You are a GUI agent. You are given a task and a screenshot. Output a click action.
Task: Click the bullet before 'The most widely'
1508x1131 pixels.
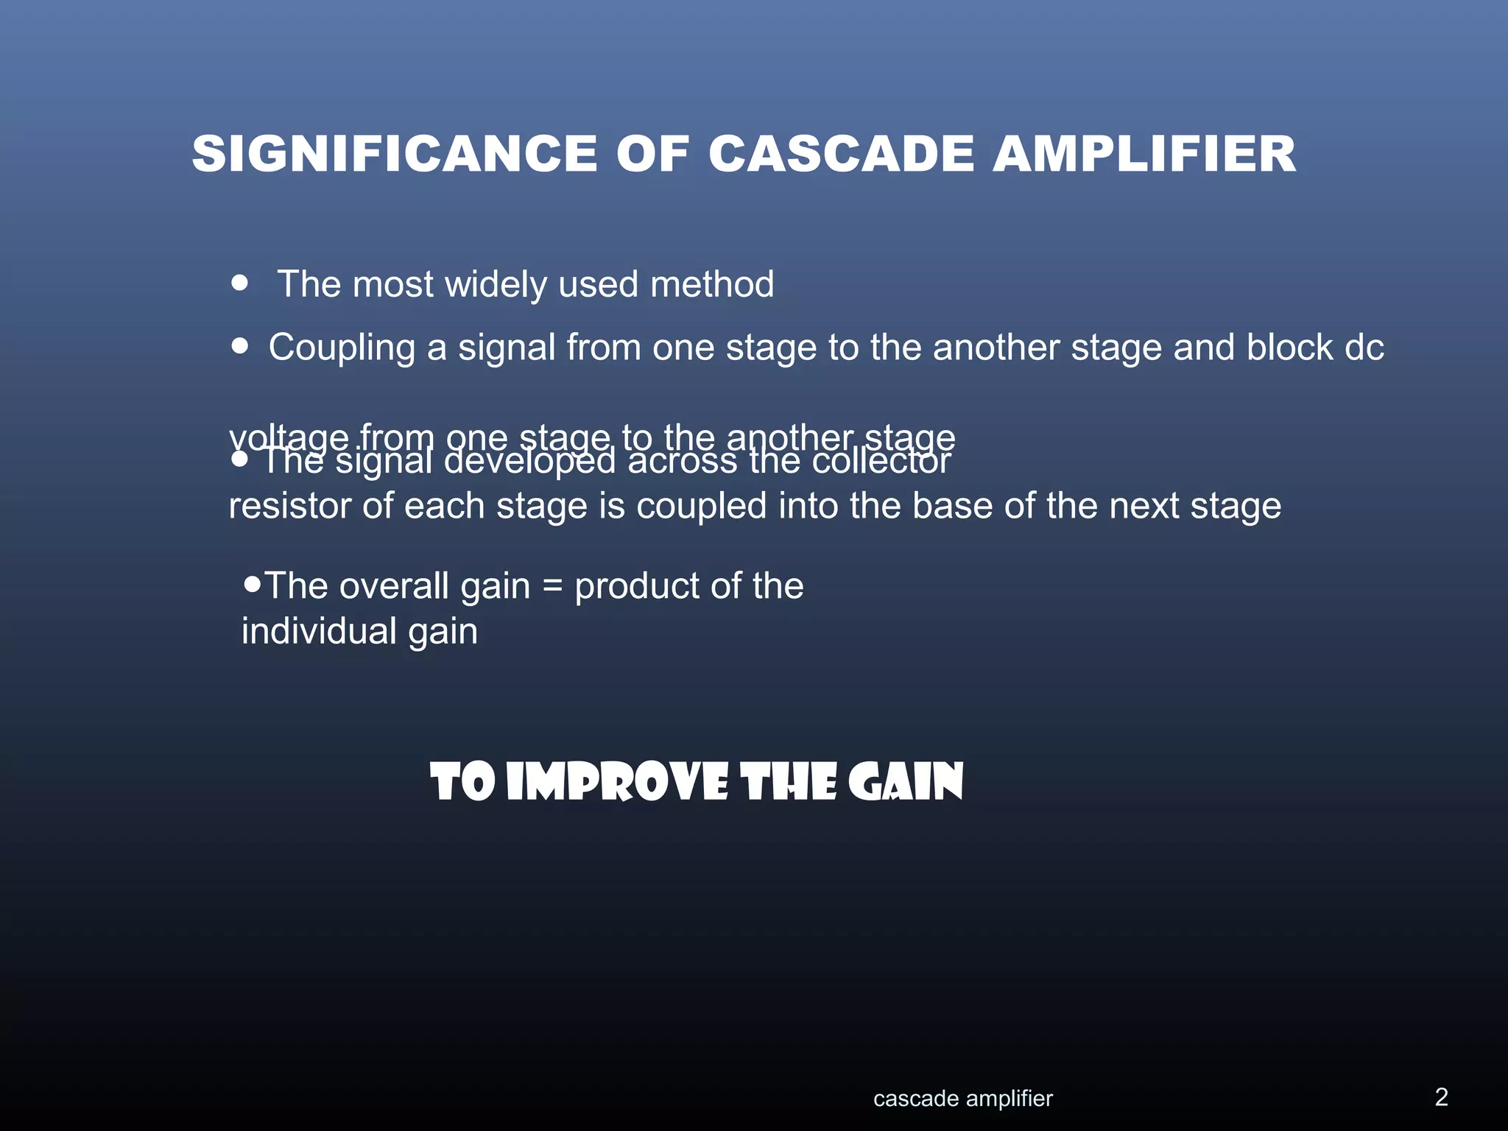[239, 283]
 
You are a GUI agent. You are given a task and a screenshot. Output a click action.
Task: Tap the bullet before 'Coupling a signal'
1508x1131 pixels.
[239, 345]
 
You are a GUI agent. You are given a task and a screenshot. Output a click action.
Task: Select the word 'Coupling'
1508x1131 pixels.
[342, 348]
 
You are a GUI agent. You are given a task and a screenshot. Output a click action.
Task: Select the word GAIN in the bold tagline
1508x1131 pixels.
[905, 782]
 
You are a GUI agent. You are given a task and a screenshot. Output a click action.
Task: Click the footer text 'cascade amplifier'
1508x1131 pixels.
[962, 1099]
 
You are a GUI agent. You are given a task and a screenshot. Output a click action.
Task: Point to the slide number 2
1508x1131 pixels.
[1441, 1097]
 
